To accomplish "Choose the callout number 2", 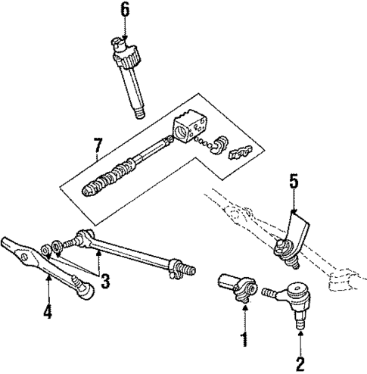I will tap(300, 363).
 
